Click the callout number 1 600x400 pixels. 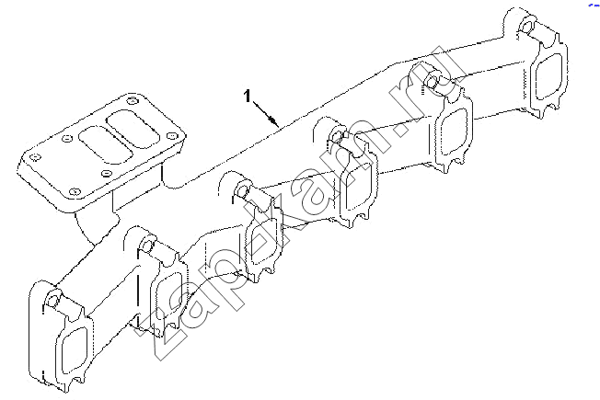(248, 96)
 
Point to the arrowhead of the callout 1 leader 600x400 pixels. (274, 121)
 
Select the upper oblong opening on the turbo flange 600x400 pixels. (133, 129)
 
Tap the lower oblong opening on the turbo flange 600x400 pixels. (106, 145)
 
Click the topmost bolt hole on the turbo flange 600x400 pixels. (132, 100)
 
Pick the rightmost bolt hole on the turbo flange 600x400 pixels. (172, 135)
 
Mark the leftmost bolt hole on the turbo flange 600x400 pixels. (35, 157)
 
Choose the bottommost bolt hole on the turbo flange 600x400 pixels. (75, 191)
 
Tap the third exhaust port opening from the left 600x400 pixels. (263, 241)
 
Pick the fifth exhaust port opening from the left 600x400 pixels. (454, 131)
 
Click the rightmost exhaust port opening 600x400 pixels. (548, 76)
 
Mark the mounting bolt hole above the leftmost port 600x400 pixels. (52, 300)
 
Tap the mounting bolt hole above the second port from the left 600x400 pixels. (148, 244)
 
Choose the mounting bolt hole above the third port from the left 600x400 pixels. (243, 190)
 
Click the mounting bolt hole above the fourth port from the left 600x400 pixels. (338, 135)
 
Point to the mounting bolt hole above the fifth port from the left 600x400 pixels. (432, 80)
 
